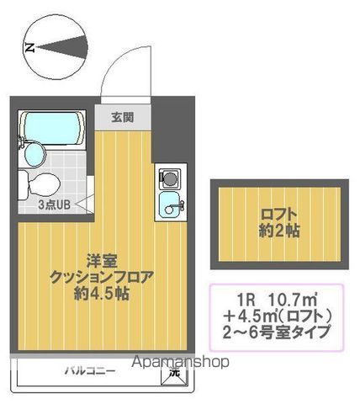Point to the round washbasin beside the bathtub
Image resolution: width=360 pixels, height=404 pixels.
pyautogui.click(x=34, y=154)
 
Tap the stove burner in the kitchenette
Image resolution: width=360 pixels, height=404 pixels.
pyautogui.click(x=167, y=178)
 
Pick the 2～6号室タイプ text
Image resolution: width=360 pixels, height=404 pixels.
pyautogui.click(x=277, y=332)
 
